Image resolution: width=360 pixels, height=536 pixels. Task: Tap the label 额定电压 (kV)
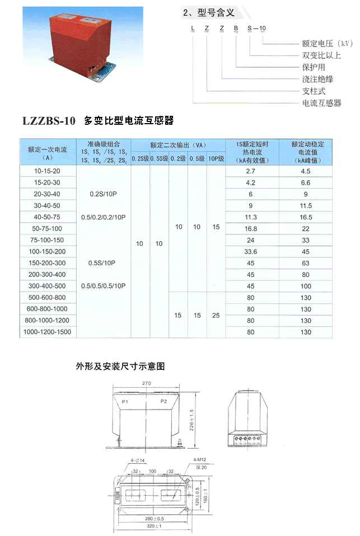point(328,44)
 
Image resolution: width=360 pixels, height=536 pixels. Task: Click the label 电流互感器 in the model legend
point(321,103)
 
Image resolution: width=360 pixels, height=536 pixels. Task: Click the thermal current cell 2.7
point(250,171)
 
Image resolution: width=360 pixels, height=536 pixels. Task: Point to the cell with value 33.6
point(250,252)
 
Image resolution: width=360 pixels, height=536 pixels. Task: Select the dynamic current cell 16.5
point(306,217)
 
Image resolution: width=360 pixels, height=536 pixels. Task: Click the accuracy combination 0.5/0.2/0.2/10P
point(104,217)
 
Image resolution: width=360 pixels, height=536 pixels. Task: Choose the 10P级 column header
point(216,159)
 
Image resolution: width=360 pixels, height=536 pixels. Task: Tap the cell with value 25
point(216,316)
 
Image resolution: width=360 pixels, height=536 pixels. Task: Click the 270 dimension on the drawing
point(147,384)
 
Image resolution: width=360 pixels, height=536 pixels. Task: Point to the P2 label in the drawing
point(163,402)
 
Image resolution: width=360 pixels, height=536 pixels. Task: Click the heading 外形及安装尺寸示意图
point(120,367)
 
